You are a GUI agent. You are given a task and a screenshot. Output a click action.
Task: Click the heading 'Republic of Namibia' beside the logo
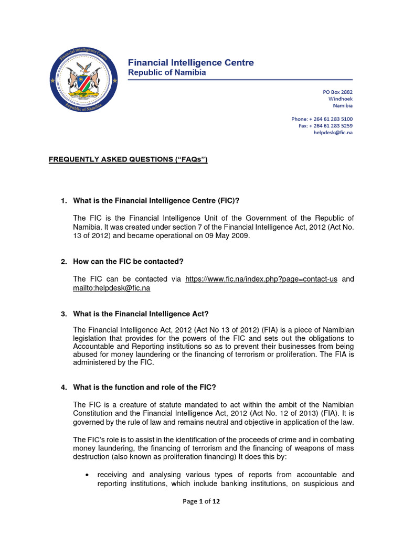(167, 73)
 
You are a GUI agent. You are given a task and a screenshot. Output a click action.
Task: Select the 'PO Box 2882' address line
(337, 92)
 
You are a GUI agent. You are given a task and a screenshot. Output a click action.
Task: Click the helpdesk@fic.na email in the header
(333, 133)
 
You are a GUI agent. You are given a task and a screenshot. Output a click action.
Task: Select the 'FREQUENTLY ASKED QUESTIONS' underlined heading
(129, 159)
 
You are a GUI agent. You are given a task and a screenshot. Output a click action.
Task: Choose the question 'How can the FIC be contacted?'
(128, 261)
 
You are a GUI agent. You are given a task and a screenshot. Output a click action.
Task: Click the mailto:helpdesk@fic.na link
(111, 288)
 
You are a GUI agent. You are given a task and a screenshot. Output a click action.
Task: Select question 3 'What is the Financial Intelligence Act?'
(141, 314)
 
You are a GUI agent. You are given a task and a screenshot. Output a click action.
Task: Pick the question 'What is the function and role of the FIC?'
(144, 388)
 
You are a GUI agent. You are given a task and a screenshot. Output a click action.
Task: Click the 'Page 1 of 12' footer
(201, 501)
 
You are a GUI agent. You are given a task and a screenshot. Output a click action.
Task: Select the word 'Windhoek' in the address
(340, 99)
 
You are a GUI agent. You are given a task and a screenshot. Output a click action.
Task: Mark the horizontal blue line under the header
(240, 81)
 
